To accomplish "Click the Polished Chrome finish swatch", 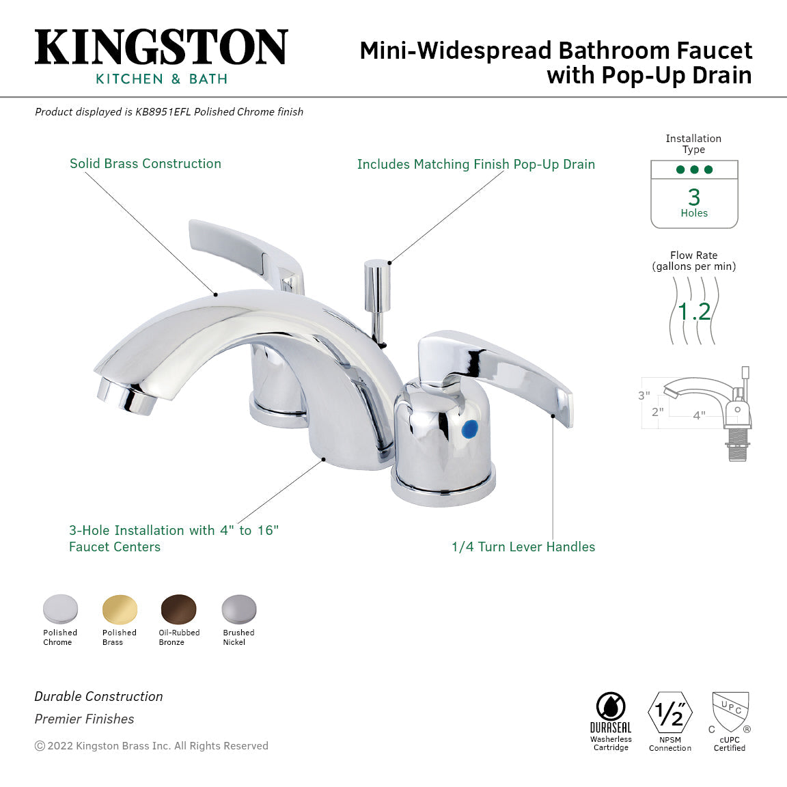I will (x=60, y=609).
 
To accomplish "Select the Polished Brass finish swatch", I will (x=120, y=609).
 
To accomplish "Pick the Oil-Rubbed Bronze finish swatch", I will (x=178, y=609).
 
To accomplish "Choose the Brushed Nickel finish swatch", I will (x=238, y=609).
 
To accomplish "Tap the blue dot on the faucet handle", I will (x=469, y=429).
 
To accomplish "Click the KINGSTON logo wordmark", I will (x=161, y=47).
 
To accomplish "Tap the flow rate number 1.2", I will (x=694, y=312).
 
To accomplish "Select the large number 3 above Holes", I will (x=694, y=197).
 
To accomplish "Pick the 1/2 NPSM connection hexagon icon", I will (x=669, y=713).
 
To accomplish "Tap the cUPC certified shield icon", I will (x=730, y=712).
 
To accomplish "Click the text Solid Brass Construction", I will (x=146, y=164).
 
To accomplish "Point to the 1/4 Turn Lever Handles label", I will (x=523, y=547).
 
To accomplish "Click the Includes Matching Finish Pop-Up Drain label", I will (x=476, y=165).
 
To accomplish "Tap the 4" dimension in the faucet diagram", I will (x=699, y=415).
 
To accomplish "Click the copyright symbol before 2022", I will (x=40, y=746).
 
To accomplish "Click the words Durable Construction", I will (x=99, y=697).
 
